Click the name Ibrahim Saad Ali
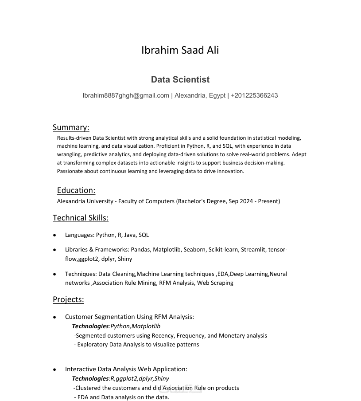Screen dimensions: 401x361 pyautogui.click(x=180, y=50)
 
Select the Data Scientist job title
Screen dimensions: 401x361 pyautogui.click(x=180, y=80)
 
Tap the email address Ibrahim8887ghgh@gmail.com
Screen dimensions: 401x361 pyautogui.click(x=126, y=95)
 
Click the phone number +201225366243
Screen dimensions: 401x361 pyautogui.click(x=254, y=95)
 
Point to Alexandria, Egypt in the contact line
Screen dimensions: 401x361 pyautogui.click(x=200, y=95)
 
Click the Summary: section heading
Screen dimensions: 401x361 pyautogui.click(x=71, y=127)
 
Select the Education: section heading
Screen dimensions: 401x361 pyautogui.click(x=76, y=190)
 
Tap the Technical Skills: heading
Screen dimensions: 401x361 pyautogui.click(x=81, y=218)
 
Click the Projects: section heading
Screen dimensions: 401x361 pyautogui.click(x=68, y=299)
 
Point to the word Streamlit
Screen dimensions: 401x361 pyautogui.click(x=253, y=250)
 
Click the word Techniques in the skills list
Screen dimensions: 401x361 pyautogui.click(x=80, y=274)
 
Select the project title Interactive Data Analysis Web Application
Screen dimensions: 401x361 pyautogui.click(x=125, y=369)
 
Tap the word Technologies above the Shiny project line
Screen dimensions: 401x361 pyautogui.click(x=90, y=379)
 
